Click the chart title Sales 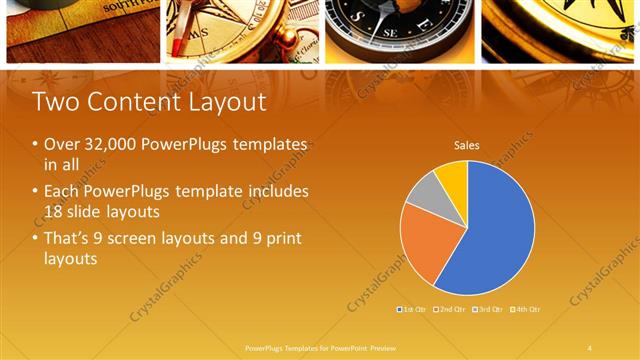[x=467, y=145]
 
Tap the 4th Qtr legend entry [x=527, y=310]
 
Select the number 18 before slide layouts [x=55, y=210]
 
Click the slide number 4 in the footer [x=589, y=348]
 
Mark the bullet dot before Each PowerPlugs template [x=36, y=191]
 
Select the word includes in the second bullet [x=277, y=191]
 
